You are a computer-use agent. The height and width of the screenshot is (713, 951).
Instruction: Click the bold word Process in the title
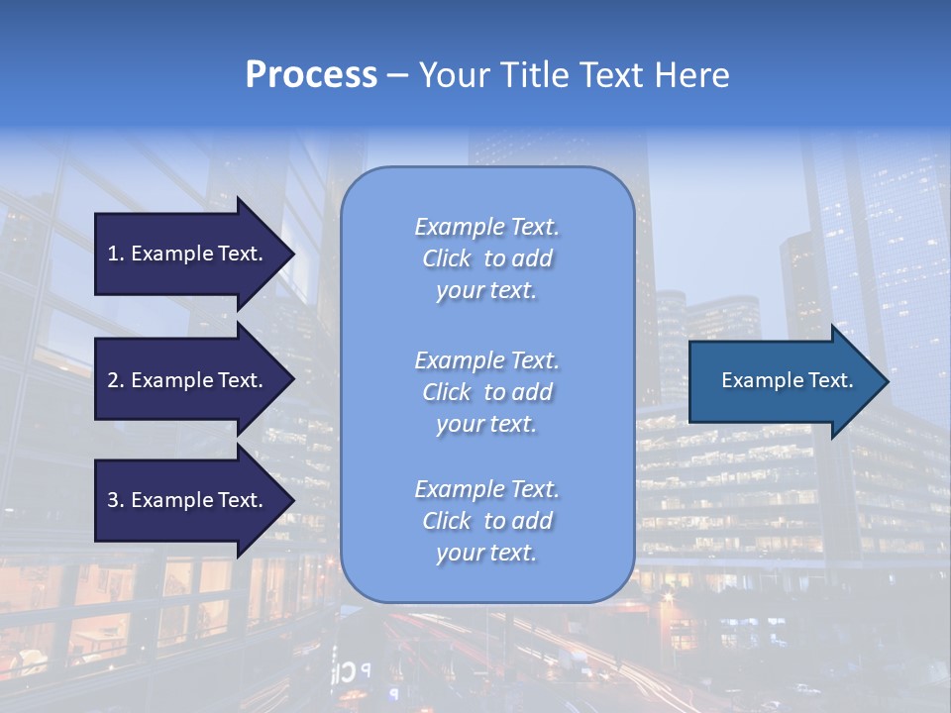click(311, 75)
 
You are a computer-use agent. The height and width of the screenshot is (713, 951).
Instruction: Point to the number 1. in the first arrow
click(116, 254)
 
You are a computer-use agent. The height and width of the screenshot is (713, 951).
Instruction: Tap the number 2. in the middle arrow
click(116, 380)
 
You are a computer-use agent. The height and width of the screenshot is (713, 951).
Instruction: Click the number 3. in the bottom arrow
click(116, 500)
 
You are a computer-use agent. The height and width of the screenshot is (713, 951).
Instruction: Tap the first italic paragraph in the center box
click(486, 258)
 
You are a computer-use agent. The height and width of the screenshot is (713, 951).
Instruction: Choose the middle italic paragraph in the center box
click(486, 392)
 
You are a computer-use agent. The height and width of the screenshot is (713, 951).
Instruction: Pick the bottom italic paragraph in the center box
click(486, 521)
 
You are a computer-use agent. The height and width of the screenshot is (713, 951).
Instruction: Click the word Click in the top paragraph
click(446, 258)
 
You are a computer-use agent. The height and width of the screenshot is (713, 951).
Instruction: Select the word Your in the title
click(454, 75)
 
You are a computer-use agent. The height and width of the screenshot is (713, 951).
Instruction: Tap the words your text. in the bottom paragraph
click(486, 553)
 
